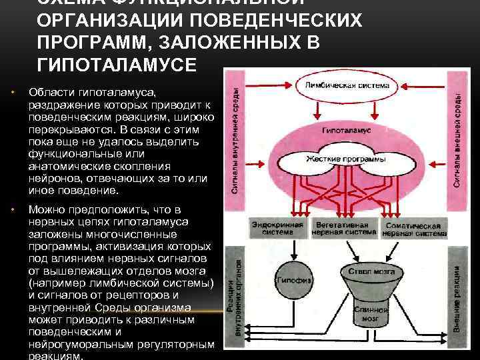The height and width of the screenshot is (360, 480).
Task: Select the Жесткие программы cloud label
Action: point(346,159)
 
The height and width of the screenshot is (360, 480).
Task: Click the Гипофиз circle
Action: point(294,281)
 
